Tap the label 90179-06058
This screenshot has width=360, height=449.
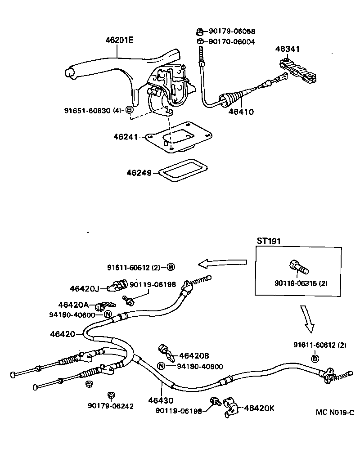click(231, 31)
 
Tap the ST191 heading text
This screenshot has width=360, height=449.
click(269, 241)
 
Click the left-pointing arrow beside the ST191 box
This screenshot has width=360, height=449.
click(224, 262)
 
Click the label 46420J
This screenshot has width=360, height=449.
click(83, 288)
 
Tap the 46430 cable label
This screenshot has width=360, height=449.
click(161, 400)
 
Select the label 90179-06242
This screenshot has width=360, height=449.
click(111, 405)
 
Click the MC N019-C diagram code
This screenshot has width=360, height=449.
click(335, 412)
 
